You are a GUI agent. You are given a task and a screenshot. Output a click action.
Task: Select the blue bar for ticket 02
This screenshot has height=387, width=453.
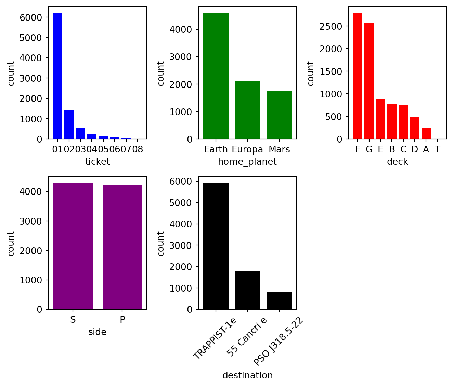[x=69, y=125]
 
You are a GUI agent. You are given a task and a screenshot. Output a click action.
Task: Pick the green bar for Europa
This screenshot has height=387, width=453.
[x=247, y=110]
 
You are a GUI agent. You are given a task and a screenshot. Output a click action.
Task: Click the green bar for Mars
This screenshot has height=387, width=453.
[x=279, y=115]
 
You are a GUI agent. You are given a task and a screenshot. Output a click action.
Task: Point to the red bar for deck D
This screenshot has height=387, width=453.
[x=415, y=128]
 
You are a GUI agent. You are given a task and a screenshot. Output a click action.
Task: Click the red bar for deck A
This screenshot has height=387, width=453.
[x=426, y=133]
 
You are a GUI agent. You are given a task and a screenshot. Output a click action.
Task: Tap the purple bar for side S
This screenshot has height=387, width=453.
[x=73, y=246]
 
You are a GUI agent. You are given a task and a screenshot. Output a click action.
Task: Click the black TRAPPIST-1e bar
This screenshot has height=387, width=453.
[x=216, y=246]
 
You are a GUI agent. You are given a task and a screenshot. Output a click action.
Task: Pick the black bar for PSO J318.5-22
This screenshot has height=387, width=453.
[x=279, y=301]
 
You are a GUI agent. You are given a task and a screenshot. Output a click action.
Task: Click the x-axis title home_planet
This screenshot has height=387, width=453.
[x=247, y=162]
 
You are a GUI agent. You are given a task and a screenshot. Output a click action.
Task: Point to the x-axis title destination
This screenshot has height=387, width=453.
[x=247, y=375]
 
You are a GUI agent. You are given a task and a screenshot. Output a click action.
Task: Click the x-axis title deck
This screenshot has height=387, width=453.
[x=397, y=162]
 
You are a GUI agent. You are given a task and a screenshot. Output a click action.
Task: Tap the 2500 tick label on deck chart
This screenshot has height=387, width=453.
[x=331, y=26]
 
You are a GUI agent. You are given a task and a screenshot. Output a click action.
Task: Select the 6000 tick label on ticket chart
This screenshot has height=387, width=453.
[x=31, y=17]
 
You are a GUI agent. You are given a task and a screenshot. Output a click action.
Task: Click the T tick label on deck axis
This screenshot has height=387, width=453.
[x=438, y=149]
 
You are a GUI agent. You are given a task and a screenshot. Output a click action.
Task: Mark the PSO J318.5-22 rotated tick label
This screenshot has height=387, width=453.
[x=278, y=341]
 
